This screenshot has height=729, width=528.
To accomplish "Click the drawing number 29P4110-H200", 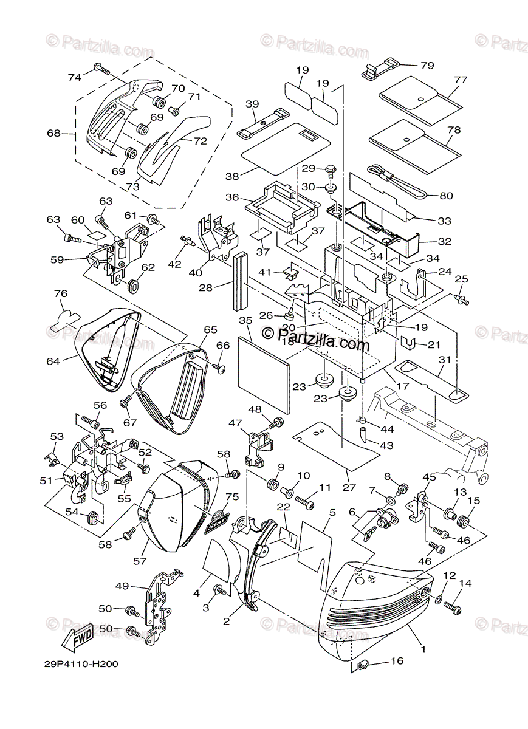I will pos(80,664).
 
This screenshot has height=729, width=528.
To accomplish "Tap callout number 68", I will pos(53,132).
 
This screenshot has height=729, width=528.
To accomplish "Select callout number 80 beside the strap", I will pos(446,196).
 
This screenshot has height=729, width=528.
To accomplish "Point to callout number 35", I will pos(245,320).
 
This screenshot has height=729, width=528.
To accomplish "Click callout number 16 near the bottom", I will pos(397,661).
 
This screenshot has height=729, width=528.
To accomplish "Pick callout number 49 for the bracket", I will pos(122,586).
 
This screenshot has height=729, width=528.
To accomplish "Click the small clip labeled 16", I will pos(365,665).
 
